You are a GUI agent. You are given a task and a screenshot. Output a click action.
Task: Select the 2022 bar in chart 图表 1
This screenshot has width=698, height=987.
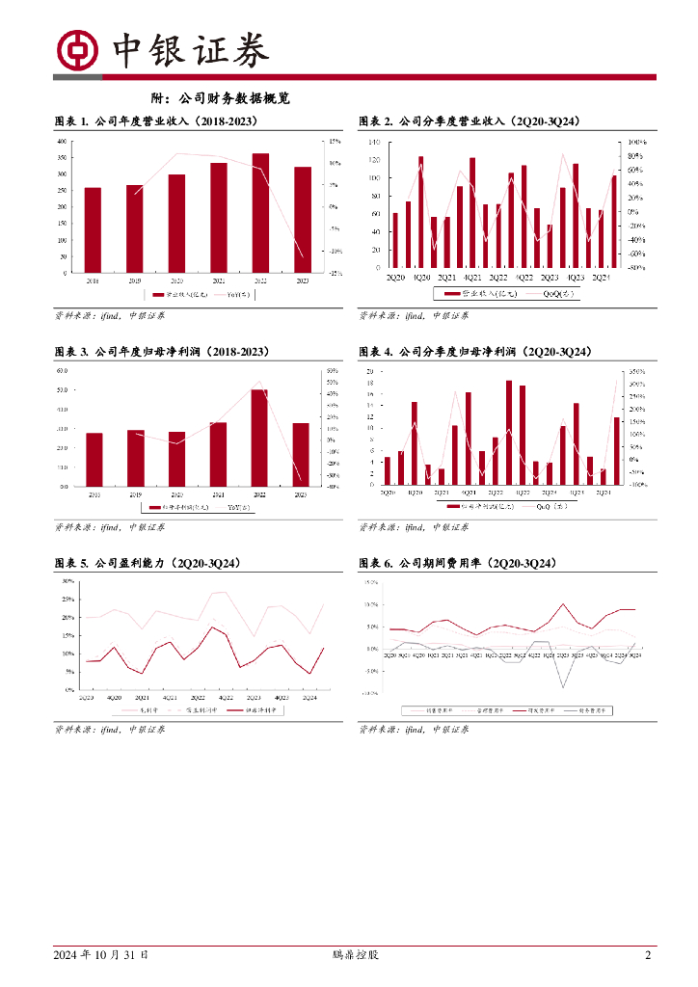[x=260, y=213]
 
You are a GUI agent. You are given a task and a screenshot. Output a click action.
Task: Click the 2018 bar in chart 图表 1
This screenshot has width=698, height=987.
[x=93, y=229]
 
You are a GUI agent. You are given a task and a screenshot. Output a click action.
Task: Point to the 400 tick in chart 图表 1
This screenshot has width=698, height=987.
[x=63, y=142]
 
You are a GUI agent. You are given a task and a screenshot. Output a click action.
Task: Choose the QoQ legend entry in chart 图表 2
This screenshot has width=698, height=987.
[x=558, y=293]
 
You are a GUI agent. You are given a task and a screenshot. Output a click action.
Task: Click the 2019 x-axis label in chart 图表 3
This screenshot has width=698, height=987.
[x=135, y=494]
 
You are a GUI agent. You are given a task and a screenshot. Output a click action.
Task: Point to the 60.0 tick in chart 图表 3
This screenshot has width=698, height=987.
[x=62, y=371]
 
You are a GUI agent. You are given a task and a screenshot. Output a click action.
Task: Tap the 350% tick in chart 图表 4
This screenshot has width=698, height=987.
[x=636, y=371]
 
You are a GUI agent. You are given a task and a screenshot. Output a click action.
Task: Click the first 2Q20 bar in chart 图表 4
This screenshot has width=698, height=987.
[x=388, y=471]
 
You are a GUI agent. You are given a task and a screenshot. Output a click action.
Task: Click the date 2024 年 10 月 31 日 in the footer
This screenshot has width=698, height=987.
[x=101, y=956]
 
